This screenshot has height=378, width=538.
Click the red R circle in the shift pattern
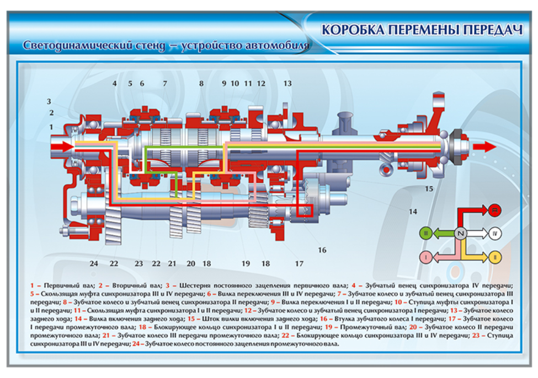click(x=494, y=209)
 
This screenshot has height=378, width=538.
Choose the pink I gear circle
click(x=425, y=257)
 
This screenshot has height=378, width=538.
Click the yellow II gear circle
click(x=495, y=257)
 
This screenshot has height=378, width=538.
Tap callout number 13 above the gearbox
click(x=287, y=83)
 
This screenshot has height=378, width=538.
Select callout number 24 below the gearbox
click(x=94, y=263)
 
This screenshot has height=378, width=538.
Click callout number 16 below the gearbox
click(x=322, y=250)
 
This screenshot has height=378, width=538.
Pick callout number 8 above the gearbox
click(x=201, y=83)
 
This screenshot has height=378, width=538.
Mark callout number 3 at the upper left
click(x=49, y=101)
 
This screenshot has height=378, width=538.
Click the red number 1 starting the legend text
click(x=33, y=285)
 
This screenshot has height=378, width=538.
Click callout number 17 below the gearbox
click(x=300, y=263)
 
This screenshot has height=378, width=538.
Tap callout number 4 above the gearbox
click(x=115, y=83)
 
